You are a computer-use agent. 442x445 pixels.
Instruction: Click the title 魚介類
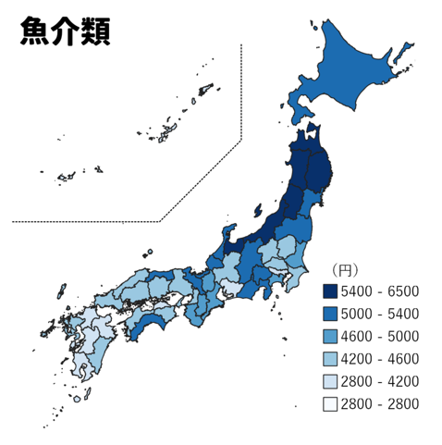click(x=65, y=31)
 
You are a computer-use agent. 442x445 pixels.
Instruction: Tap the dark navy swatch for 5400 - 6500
click(x=329, y=291)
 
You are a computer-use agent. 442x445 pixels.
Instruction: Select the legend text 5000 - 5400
click(x=379, y=314)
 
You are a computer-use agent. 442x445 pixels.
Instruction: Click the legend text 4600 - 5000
click(x=379, y=336)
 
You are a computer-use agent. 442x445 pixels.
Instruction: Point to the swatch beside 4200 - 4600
click(x=329, y=359)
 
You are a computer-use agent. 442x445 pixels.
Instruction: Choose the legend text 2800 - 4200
click(x=379, y=381)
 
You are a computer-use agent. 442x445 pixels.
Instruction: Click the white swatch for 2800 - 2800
click(x=329, y=403)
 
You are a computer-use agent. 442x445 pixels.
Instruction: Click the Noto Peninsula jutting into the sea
click(x=227, y=233)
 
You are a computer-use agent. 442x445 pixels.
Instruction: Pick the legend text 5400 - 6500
click(x=379, y=291)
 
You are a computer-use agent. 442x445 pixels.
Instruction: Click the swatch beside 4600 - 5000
click(x=329, y=336)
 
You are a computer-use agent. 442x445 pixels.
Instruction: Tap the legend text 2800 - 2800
click(x=379, y=403)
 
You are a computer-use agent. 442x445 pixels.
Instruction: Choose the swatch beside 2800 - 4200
click(x=329, y=381)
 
